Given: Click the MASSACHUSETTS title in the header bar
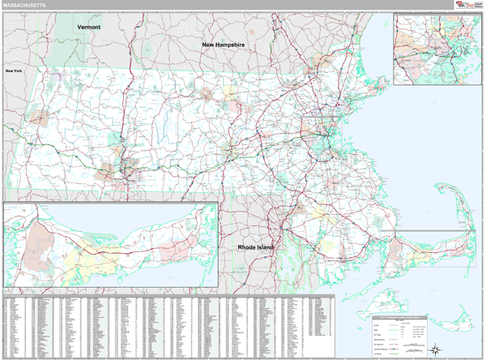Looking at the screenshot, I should pyautogui.click(x=24, y=5).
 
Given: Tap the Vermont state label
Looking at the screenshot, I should pyautogui.click(x=89, y=27).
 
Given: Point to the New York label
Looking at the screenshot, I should pyautogui.click(x=14, y=71).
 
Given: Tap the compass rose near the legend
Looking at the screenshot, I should pyautogui.click(x=435, y=349).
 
